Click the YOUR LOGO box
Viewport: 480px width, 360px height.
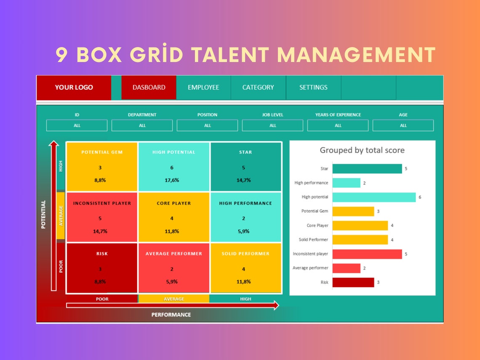(x=74, y=88)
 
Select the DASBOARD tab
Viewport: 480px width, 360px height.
(x=149, y=88)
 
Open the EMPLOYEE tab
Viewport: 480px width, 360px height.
(x=203, y=88)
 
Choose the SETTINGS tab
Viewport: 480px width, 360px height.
(x=313, y=88)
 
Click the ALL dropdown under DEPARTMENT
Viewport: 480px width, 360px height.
(x=142, y=125)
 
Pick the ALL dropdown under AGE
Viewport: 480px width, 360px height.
(x=403, y=125)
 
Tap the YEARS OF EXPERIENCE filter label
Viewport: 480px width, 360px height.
(x=338, y=115)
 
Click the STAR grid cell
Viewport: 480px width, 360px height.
(x=245, y=167)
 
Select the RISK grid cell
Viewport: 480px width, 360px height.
(x=102, y=268)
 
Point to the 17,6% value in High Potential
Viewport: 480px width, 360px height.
(x=172, y=180)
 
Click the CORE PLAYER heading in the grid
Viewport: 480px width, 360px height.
(x=173, y=203)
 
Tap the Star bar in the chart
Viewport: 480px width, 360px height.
(x=367, y=169)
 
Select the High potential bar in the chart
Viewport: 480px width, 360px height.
(x=373, y=197)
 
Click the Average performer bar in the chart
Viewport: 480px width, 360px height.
(x=346, y=268)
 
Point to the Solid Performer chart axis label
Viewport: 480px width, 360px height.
(x=313, y=240)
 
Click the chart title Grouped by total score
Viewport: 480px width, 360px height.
(x=362, y=150)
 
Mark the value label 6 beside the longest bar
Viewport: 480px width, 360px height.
(x=420, y=197)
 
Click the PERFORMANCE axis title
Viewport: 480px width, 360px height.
(x=171, y=315)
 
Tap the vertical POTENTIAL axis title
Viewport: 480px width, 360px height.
(x=43, y=214)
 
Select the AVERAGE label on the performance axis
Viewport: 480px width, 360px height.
(x=173, y=299)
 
